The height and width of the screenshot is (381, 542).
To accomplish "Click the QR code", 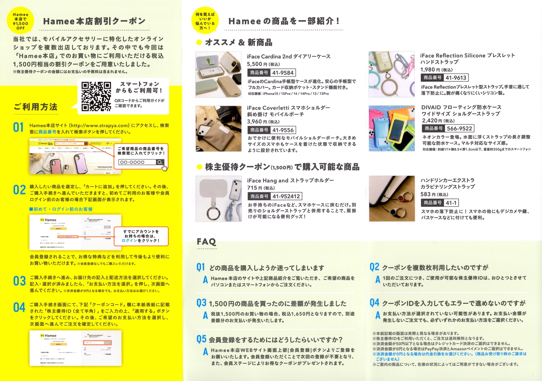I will point(96,96).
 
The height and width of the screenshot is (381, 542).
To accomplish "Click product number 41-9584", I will point(283,73).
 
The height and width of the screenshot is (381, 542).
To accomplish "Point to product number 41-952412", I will point(286,196).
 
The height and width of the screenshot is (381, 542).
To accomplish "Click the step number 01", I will point(18,127).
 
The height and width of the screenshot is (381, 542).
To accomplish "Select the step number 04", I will point(19,308).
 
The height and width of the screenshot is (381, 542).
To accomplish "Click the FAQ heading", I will point(206,242).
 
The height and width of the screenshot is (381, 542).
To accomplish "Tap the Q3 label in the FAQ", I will point(201,303).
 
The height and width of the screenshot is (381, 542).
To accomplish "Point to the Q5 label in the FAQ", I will point(201,339).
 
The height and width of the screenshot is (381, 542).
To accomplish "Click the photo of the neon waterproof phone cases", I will point(391,128).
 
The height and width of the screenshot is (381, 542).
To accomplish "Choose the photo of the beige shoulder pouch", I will point(218,128).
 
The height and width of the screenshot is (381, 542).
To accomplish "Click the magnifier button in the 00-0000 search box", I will point(160,162).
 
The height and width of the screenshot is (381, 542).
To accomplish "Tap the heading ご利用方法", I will point(36,107).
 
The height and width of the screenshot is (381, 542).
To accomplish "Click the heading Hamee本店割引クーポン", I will point(94,21).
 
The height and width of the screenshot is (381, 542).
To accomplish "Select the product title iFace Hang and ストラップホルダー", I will point(290,180).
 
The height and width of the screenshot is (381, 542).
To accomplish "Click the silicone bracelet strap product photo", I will point(391,74).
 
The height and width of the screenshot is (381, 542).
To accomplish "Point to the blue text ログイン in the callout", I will point(129,240).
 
